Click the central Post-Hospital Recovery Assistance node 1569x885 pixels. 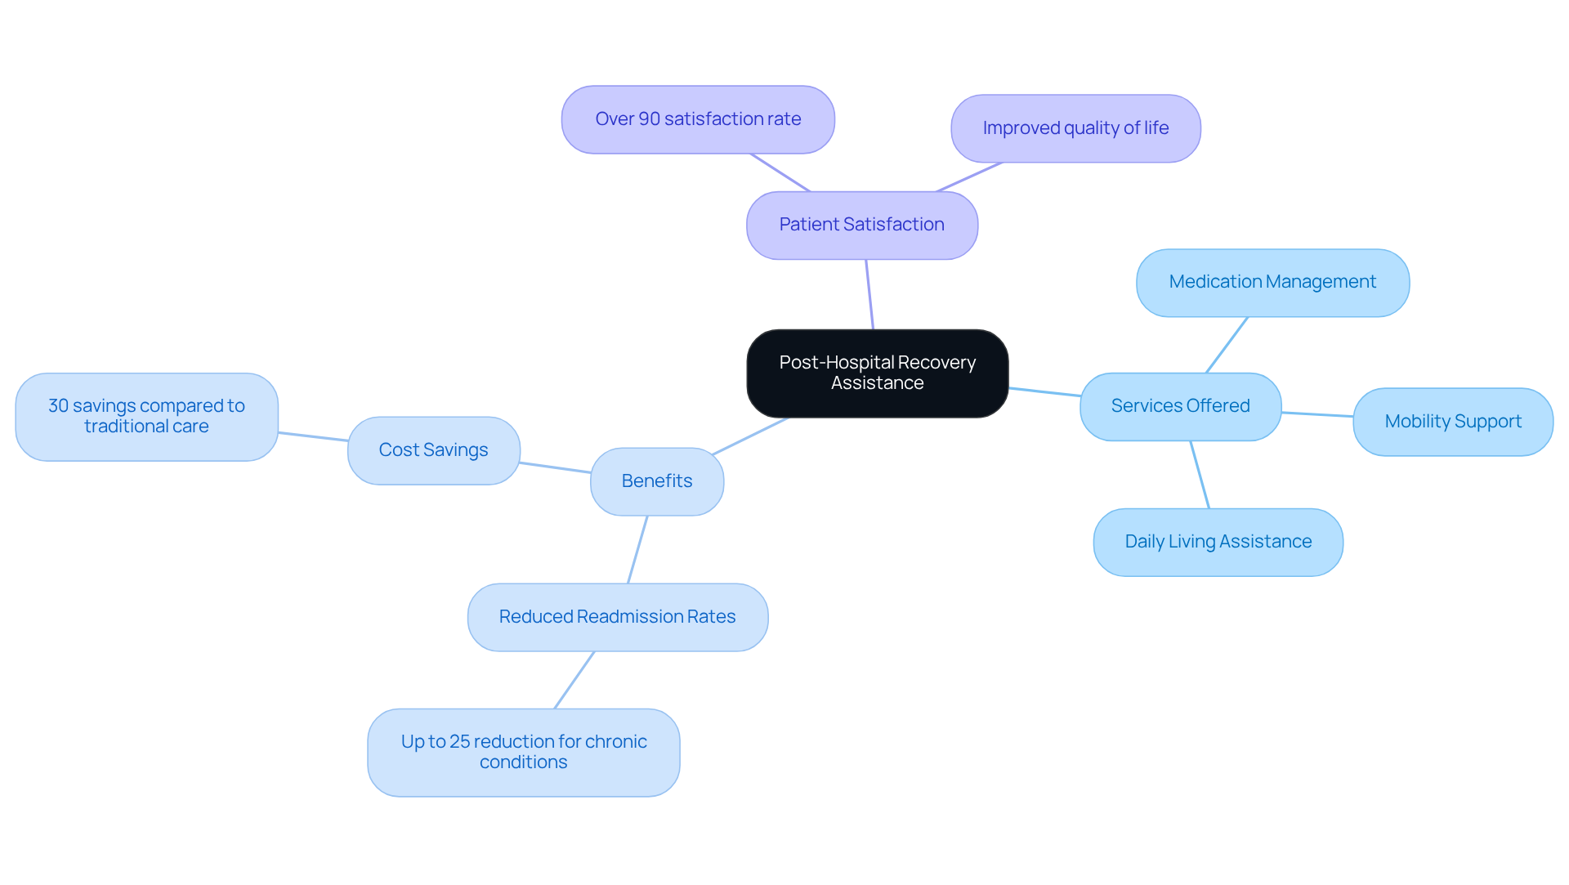tap(877, 373)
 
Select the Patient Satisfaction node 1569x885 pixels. tap(861, 225)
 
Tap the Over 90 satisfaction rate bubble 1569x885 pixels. tap(697, 119)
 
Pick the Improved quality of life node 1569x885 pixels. tap(1075, 128)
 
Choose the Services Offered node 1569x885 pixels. tap(1179, 406)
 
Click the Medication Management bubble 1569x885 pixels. tap(1272, 282)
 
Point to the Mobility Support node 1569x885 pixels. tap(1452, 422)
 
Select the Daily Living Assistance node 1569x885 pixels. tap(1218, 542)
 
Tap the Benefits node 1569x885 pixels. tap(656, 481)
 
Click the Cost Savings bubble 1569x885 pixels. tap(433, 450)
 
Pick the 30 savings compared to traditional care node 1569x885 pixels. tap(146, 417)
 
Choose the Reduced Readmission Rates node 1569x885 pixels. tap(617, 617)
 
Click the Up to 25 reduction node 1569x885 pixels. tap(523, 752)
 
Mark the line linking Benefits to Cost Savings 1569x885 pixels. tap(555, 467)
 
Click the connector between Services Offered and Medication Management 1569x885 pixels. tap(1227, 345)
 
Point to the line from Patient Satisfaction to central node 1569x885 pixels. tap(869, 294)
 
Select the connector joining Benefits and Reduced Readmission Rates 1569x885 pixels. tap(637, 549)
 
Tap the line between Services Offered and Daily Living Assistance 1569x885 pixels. tap(1200, 475)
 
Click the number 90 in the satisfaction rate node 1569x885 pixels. tap(649, 119)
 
